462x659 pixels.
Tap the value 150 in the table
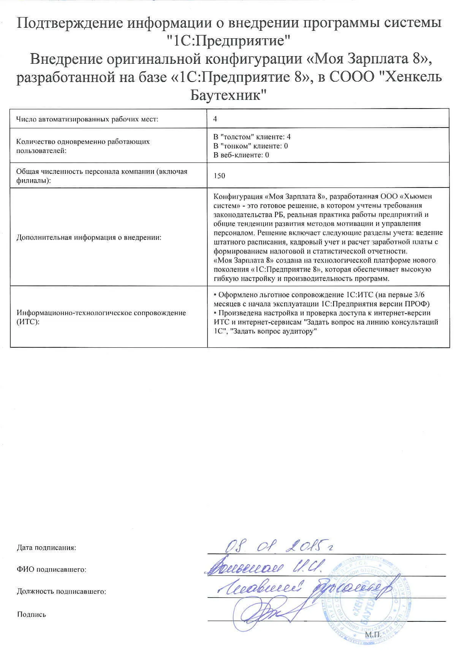[x=219, y=176]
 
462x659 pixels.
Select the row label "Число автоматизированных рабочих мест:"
[x=87, y=119]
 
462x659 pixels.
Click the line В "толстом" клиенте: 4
[x=252, y=137]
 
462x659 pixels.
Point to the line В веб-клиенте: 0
[x=241, y=155]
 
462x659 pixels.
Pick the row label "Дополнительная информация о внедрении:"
[x=89, y=238]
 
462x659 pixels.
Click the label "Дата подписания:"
[x=46, y=548]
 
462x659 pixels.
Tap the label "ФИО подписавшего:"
[x=51, y=569]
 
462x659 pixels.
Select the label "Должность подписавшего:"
[x=61, y=591]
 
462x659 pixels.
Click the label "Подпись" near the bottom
[x=32, y=614]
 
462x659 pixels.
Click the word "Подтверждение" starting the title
[x=70, y=23]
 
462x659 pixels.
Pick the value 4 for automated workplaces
[x=215, y=119]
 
